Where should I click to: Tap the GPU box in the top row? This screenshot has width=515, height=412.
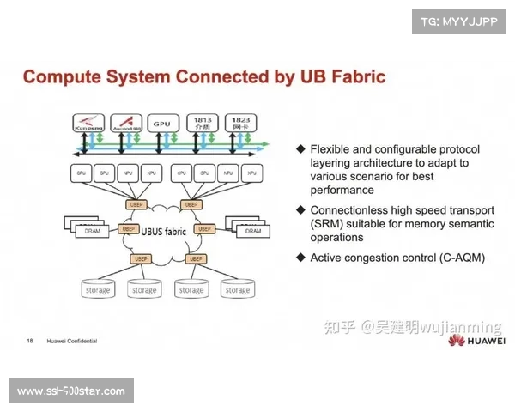pyautogui.click(x=161, y=124)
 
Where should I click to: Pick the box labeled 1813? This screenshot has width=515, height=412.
pyautogui.click(x=202, y=124)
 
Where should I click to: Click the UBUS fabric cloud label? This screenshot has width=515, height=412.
pyautogui.click(x=164, y=231)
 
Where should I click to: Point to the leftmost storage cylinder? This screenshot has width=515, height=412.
pyautogui.click(x=97, y=289)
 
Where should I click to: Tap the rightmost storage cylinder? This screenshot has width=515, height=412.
pyautogui.click(x=237, y=289)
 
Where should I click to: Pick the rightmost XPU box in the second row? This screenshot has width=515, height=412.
pyautogui.click(x=252, y=173)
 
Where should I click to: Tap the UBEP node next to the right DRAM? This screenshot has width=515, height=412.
pyautogui.click(x=204, y=229)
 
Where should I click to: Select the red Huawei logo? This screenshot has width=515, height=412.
pyautogui.click(x=469, y=341)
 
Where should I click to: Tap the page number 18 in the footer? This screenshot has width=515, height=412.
pyautogui.click(x=29, y=341)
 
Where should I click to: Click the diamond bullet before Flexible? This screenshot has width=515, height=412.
pyautogui.click(x=300, y=148)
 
